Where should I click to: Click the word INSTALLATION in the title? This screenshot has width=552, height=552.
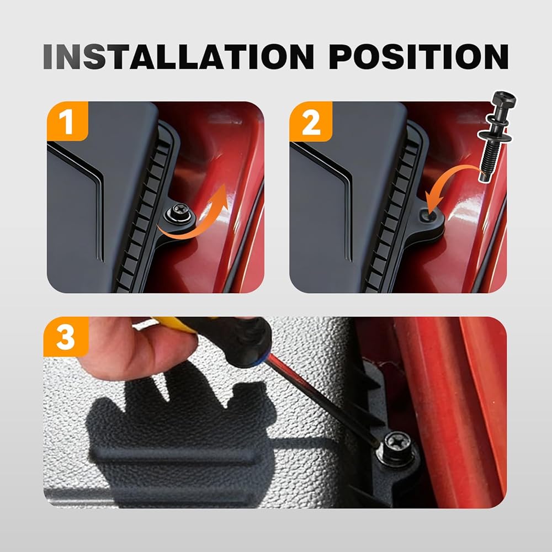[178, 56]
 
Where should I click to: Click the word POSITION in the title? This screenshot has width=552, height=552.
[418, 56]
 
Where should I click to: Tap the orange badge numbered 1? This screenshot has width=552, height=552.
[67, 121]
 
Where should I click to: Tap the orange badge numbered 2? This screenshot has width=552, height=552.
[310, 121]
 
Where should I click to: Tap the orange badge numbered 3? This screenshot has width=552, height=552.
[66, 337]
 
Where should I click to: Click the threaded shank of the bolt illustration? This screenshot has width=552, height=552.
[490, 162]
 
